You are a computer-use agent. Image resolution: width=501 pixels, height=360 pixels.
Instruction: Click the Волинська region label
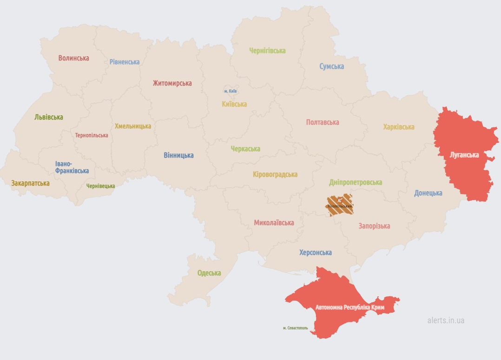point(73,58)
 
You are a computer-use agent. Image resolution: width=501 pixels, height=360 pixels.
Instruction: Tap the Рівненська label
point(125,62)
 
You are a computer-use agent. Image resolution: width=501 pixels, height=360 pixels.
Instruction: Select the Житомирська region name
point(172,83)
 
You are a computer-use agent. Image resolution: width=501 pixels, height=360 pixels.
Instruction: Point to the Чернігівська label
point(267,51)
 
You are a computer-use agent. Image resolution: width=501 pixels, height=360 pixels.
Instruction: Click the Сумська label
point(332,67)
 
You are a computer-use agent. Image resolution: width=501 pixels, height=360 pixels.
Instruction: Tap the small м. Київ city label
point(231,91)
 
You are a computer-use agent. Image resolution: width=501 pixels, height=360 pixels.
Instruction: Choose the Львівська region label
point(49,117)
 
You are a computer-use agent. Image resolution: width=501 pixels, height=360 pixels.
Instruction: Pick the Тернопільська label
point(92,135)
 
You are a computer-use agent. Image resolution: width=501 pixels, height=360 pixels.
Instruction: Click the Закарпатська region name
point(30,183)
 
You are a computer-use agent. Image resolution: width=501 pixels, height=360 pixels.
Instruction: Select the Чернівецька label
point(100,186)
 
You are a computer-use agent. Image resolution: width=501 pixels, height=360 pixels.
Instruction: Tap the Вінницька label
point(178,155)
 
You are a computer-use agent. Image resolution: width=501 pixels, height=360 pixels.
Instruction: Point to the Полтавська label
point(323,122)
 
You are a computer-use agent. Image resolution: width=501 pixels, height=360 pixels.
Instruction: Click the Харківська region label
point(399,127)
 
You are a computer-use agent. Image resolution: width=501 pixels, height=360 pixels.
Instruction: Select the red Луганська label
point(464,155)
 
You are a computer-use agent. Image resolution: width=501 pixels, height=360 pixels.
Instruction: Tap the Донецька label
point(428,193)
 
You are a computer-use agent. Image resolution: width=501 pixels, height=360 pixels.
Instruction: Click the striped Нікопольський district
point(340,205)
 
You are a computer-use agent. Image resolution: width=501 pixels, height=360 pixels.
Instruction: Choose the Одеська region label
point(209,273)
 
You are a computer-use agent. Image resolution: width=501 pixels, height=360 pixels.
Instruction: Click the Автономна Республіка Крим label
point(350,308)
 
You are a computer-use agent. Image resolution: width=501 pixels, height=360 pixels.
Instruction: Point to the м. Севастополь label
point(295,328)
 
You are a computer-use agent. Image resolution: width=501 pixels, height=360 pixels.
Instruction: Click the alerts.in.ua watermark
point(446,320)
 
